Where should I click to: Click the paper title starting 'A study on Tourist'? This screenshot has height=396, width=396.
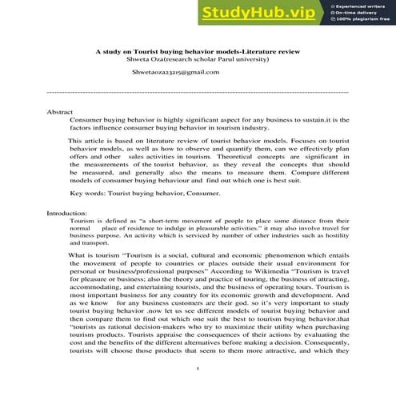197,51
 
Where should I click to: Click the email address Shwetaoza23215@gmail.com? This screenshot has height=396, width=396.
175,72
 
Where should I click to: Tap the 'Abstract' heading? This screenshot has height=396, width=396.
61,113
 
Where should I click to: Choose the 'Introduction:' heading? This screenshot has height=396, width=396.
67,214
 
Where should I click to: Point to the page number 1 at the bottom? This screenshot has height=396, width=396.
197,369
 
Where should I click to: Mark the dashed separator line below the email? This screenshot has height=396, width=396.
198,92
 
